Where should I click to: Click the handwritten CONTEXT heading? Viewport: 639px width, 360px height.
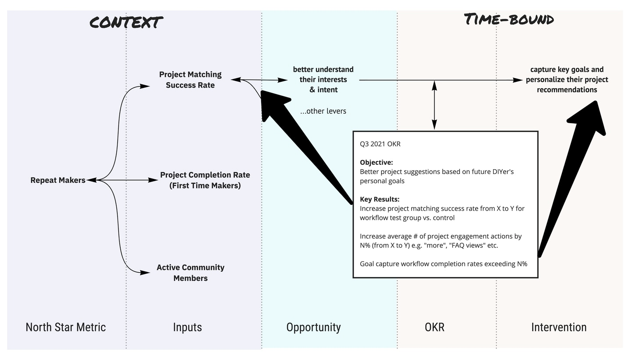(x=126, y=22)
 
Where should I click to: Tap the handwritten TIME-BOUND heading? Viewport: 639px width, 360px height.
(x=509, y=19)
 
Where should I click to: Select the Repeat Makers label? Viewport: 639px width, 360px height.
(x=58, y=180)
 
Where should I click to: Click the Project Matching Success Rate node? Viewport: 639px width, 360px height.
(x=190, y=80)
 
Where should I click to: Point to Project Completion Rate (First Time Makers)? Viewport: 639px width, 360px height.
(x=205, y=180)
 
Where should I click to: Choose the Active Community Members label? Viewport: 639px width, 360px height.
(x=190, y=273)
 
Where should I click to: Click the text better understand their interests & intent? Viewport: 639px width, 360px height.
(x=323, y=80)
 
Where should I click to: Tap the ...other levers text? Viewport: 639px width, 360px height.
(x=323, y=111)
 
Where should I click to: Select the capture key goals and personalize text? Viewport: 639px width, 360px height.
(x=567, y=80)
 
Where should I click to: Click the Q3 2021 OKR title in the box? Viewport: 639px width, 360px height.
(x=380, y=144)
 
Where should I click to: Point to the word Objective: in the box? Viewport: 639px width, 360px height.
(x=376, y=163)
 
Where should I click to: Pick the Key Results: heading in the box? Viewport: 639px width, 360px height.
(x=379, y=199)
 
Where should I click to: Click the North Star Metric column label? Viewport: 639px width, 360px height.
(x=66, y=327)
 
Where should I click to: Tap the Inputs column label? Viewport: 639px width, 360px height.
(x=187, y=327)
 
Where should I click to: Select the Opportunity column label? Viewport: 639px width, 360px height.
(x=313, y=327)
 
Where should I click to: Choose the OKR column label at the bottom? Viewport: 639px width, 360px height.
(x=434, y=327)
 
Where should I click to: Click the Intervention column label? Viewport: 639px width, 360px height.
(x=559, y=327)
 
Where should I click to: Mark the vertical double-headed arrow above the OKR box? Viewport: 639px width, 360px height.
(x=434, y=105)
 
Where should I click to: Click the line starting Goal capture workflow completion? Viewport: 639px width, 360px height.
(x=444, y=264)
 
